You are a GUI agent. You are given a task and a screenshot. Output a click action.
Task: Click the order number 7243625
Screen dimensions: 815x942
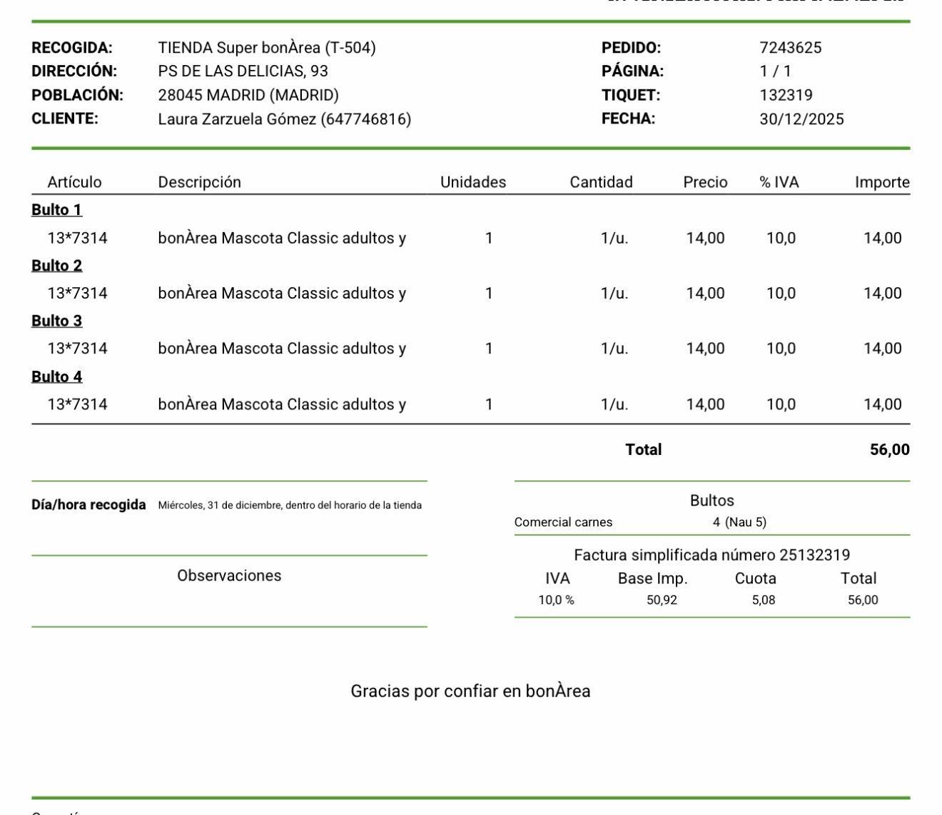click(790, 48)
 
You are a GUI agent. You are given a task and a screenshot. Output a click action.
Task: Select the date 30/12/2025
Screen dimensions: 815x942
click(801, 119)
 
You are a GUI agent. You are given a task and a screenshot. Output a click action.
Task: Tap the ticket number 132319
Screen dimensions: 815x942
click(786, 95)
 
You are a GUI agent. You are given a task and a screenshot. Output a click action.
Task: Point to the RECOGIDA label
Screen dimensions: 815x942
click(72, 48)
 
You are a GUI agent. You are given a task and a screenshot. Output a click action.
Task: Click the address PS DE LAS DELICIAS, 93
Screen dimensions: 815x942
click(243, 71)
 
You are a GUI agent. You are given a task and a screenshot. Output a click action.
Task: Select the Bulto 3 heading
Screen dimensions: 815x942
click(56, 321)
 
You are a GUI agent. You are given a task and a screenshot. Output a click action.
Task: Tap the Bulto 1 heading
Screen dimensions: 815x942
click(56, 210)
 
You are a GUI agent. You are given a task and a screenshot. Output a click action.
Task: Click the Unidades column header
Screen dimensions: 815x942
click(472, 182)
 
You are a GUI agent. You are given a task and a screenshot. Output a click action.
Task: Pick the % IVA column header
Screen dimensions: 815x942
click(779, 182)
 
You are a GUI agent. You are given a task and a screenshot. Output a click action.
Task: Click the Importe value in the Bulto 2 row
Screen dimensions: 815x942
click(882, 294)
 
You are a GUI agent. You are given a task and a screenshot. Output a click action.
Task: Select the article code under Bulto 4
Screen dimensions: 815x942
click(77, 404)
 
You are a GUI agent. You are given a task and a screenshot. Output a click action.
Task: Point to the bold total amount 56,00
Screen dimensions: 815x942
click(889, 450)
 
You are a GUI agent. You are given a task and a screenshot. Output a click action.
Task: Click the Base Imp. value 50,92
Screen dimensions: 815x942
click(662, 600)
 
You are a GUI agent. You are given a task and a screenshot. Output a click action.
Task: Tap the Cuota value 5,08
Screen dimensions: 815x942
click(763, 600)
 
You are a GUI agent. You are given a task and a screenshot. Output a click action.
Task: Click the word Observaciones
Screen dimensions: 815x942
click(229, 576)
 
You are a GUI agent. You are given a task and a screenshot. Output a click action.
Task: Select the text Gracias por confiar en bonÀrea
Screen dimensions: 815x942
click(470, 691)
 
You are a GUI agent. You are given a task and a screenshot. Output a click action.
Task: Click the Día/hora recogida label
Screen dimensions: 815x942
click(88, 505)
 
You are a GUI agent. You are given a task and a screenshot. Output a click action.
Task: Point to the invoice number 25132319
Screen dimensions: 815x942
click(814, 555)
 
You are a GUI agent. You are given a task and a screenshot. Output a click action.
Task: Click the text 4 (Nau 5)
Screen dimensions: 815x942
click(739, 522)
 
